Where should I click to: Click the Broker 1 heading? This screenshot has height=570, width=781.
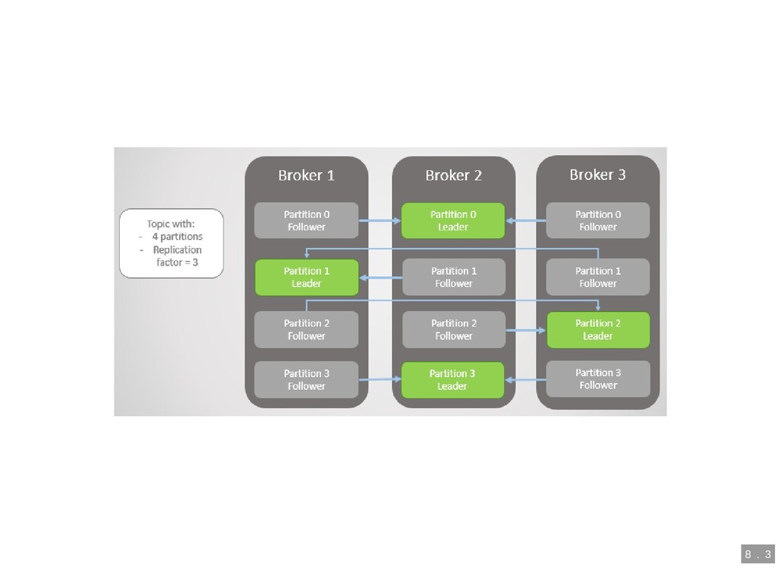coord(306,176)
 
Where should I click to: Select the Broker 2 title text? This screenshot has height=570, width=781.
coord(453,176)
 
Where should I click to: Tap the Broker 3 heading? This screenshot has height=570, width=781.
coord(597,175)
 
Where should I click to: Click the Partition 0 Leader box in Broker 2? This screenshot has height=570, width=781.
coord(453,221)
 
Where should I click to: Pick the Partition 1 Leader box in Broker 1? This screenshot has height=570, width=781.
coord(307,277)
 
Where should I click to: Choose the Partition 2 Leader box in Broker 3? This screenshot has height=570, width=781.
coord(598,330)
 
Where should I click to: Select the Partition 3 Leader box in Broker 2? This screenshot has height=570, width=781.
coord(452,380)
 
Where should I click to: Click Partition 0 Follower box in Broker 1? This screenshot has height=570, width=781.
coord(307,221)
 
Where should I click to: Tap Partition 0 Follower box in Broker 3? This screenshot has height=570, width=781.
coord(598,221)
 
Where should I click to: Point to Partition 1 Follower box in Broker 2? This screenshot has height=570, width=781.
coord(454,277)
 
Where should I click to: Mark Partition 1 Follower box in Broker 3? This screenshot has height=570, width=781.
coord(598,277)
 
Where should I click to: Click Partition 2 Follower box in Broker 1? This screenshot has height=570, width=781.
coord(307,330)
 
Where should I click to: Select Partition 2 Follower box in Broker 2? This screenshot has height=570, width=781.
coord(454,330)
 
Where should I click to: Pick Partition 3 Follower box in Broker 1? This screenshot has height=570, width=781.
coord(307,380)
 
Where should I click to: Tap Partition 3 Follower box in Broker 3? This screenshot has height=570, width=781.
coord(598,379)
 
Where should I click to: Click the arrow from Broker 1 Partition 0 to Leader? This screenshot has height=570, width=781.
coord(380,221)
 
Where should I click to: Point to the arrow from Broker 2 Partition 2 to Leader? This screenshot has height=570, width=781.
coord(525,330)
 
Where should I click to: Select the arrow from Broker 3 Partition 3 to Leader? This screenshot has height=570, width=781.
coord(525,379)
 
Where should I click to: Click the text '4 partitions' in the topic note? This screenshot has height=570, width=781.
coord(177,237)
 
